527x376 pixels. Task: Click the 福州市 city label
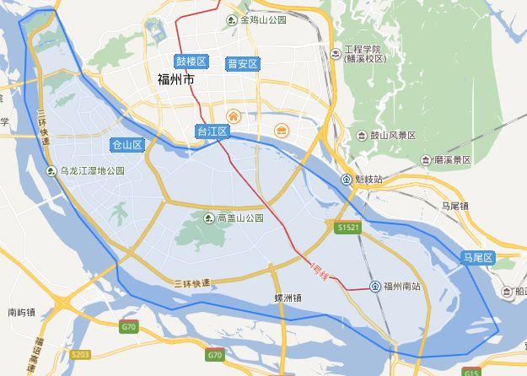[175, 80]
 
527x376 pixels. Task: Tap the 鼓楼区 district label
[191, 62]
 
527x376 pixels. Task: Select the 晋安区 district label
[243, 64]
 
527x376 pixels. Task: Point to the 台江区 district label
[212, 132]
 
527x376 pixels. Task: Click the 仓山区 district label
[127, 145]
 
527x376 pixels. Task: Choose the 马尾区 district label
[476, 258]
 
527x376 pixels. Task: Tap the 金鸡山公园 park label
[263, 19]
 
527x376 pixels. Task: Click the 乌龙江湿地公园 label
[92, 170]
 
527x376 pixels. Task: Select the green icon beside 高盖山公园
[209, 218]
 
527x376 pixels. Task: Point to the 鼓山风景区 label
[393, 135]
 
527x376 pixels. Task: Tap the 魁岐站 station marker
[347, 179]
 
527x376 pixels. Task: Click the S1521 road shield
[347, 228]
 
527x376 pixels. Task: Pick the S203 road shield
[80, 354]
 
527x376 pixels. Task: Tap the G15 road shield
[471, 372]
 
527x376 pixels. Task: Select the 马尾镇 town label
[454, 206]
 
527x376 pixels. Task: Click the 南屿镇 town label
[22, 312]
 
